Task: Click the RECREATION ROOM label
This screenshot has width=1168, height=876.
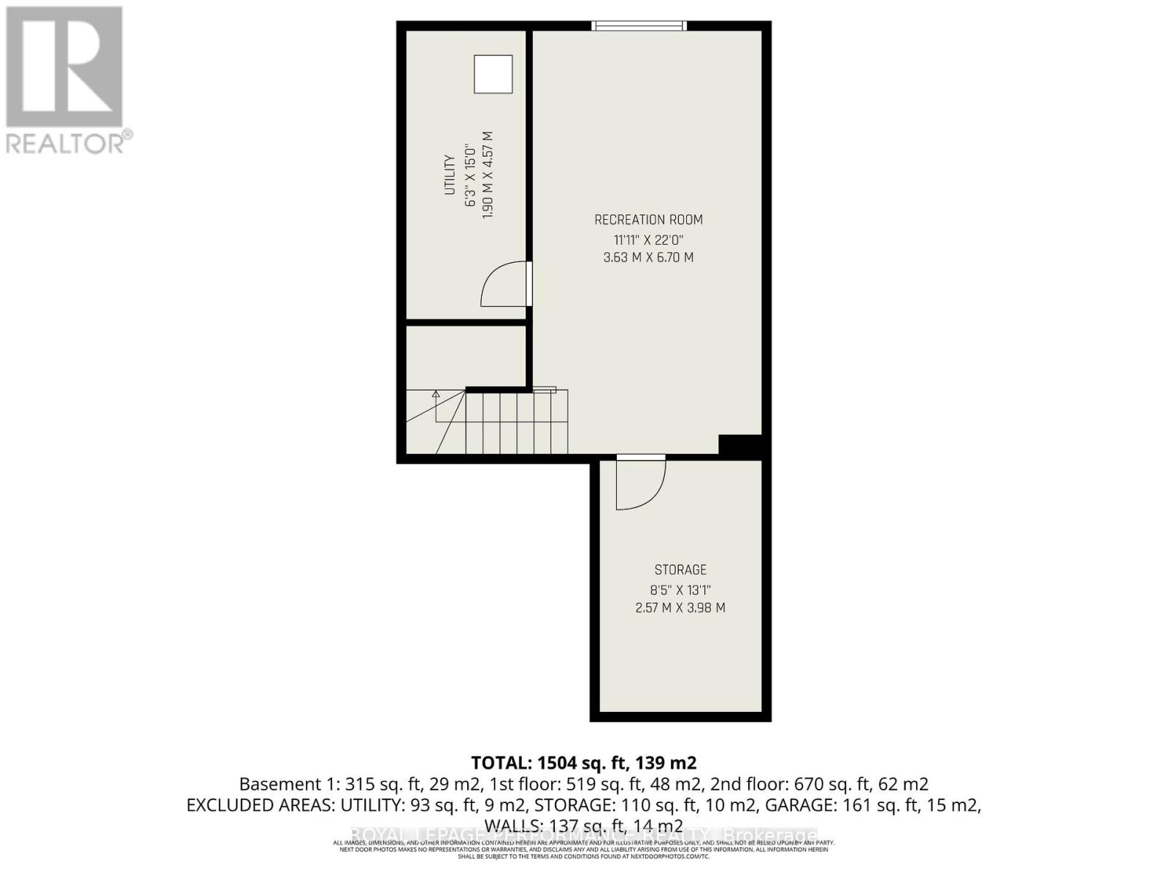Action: click(648, 220)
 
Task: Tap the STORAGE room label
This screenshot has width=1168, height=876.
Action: click(680, 569)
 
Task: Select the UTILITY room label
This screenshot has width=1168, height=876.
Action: click(450, 174)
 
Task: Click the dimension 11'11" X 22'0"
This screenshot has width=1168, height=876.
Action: click(648, 239)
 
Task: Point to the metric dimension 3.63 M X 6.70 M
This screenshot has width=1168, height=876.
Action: click(648, 258)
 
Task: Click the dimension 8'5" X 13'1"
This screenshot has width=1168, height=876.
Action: click(680, 589)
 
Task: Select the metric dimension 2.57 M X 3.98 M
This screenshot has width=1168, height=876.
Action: click(680, 607)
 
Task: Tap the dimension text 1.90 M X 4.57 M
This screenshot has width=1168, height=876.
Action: click(488, 174)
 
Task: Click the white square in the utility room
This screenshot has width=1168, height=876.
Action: click(493, 74)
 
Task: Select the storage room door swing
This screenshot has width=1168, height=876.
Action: click(639, 483)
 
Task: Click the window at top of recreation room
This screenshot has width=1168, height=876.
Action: click(639, 26)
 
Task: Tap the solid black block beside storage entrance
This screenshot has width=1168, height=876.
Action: click(740, 445)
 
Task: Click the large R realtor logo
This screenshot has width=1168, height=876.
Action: click(64, 67)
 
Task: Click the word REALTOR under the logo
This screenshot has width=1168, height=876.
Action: click(66, 142)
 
